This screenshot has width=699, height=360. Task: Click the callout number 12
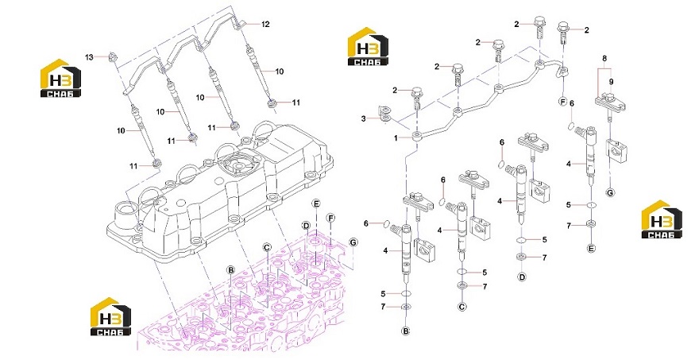click(x=265, y=25)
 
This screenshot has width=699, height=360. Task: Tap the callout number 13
click(x=90, y=57)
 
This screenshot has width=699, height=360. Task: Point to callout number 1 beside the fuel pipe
click(x=396, y=139)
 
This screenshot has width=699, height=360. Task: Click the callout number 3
click(x=363, y=118)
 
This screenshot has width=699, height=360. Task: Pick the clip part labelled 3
click(x=383, y=114)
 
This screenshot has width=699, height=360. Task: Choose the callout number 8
click(x=604, y=59)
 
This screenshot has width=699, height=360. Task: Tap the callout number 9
click(x=611, y=82)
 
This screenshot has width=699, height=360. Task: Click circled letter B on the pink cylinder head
click(x=230, y=270)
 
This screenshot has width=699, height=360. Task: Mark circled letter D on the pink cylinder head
click(x=306, y=225)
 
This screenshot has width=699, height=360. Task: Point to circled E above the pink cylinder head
click(x=316, y=204)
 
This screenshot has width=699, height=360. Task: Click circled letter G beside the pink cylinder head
click(x=353, y=242)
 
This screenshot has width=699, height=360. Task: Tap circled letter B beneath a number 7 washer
click(x=406, y=331)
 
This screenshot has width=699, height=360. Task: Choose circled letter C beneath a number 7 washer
click(x=461, y=307)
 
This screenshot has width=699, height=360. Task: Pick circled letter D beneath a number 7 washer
click(x=522, y=277)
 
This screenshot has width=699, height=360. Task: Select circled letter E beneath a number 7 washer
click(x=591, y=249)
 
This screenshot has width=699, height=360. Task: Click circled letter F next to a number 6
click(x=563, y=103)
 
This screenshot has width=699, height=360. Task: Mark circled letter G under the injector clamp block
click(x=610, y=192)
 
